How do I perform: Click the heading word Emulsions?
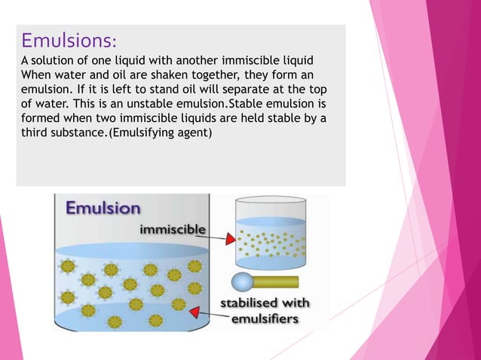click(68, 38)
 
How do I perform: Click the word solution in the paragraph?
click(54, 60)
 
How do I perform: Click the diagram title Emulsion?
click(103, 207)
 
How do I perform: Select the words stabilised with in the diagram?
click(258, 304)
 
